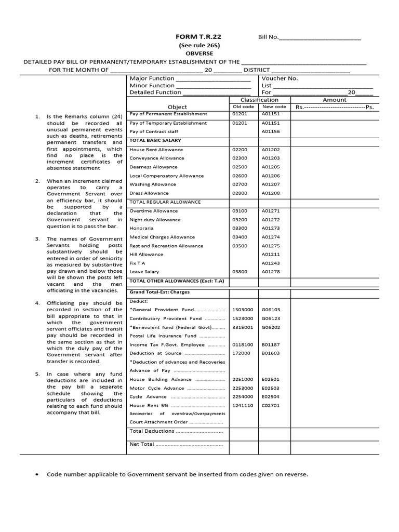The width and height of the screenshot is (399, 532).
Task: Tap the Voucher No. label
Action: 280,78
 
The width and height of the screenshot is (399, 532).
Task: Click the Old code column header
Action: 243,107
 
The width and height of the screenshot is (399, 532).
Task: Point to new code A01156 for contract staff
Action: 271,132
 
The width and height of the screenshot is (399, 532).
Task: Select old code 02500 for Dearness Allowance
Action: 241,167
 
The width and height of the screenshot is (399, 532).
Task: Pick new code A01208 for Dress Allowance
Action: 271,193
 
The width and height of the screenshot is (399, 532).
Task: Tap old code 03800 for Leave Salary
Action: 241,272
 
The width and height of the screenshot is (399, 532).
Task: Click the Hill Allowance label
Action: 146,255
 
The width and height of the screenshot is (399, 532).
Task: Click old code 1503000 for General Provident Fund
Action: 243,310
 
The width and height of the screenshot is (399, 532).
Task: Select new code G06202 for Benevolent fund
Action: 271,327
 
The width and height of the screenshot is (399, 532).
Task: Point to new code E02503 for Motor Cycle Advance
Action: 271,388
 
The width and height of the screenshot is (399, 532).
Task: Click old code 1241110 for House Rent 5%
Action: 243,405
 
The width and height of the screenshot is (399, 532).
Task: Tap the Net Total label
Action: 141,444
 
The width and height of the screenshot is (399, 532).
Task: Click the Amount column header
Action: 335,100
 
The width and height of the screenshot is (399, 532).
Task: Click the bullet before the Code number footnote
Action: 39,475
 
